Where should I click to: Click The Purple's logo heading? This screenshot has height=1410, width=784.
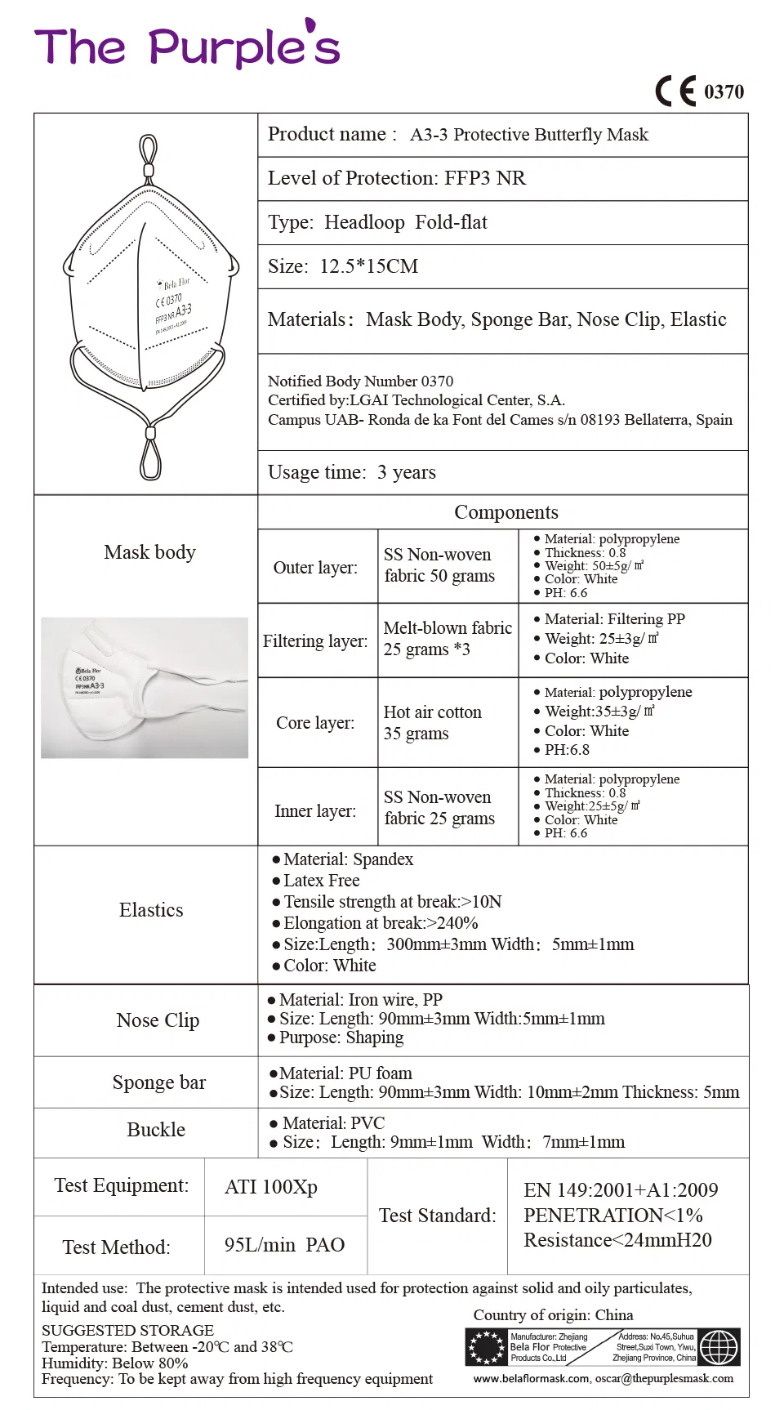pyautogui.click(x=186, y=47)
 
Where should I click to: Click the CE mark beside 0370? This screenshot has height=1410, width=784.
pyautogui.click(x=675, y=91)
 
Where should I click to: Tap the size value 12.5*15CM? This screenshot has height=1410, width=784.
pyautogui.click(x=368, y=266)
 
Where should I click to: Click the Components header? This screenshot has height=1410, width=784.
pyautogui.click(x=506, y=512)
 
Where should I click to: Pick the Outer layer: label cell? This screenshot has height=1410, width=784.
pyautogui.click(x=315, y=567)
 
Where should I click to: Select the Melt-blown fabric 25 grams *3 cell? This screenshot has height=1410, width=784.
pyautogui.click(x=447, y=639)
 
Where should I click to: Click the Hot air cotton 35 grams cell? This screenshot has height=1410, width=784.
pyautogui.click(x=432, y=722)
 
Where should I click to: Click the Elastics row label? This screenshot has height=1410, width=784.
pyautogui.click(x=151, y=910)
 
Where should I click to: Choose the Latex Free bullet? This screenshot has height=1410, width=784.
pyautogui.click(x=321, y=881)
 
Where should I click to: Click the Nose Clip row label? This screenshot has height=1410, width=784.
pyautogui.click(x=158, y=1020)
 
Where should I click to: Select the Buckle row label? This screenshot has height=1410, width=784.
pyautogui.click(x=156, y=1130)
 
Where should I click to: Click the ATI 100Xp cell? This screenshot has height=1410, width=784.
pyautogui.click(x=271, y=1187)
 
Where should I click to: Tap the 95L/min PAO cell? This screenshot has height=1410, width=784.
pyautogui.click(x=284, y=1245)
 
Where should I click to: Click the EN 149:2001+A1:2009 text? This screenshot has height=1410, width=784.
pyautogui.click(x=621, y=1190)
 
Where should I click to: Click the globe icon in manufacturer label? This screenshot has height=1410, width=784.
pyautogui.click(x=719, y=1347)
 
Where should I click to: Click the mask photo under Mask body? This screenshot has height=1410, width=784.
pyautogui.click(x=145, y=688)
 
